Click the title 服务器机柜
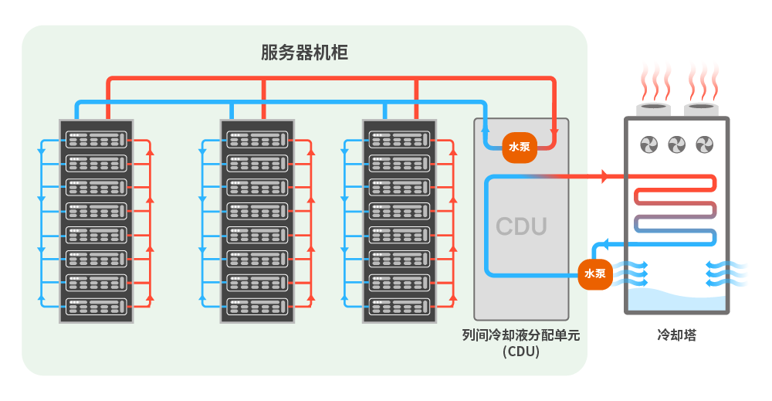[x=304, y=53]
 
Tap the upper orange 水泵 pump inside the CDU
[x=519, y=147]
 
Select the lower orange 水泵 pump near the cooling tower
[x=594, y=274]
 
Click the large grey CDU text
[x=521, y=226]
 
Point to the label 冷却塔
[x=676, y=335]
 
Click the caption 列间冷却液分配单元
[x=520, y=335]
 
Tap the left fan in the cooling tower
[x=648, y=144]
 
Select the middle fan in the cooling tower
[x=676, y=144]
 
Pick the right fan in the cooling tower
[x=704, y=144]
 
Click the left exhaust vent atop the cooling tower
[x=653, y=107]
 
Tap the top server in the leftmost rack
[x=96, y=139]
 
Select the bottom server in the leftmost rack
[x=96, y=306]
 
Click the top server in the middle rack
[x=257, y=139]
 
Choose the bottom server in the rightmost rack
[x=399, y=306]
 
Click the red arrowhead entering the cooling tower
[x=605, y=177]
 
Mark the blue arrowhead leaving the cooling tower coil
[x=605, y=245]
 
